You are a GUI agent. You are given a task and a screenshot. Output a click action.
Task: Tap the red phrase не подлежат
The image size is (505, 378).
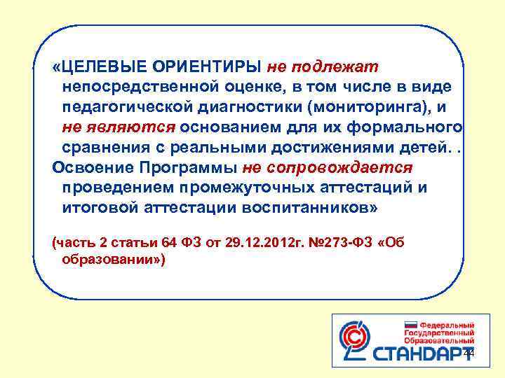tap(323, 66)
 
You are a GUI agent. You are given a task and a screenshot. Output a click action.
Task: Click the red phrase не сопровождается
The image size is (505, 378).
tap(328, 169)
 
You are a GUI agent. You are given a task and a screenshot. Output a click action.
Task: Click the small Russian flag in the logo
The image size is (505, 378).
tap(411, 326)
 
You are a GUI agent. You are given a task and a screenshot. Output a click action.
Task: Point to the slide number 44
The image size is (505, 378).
tap(469, 354)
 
